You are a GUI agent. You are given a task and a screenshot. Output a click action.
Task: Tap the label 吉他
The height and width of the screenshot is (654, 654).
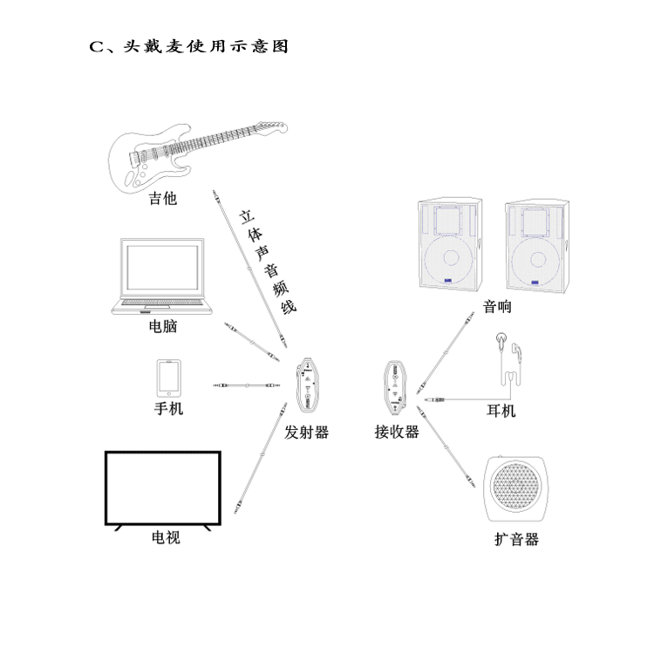pos(162,199)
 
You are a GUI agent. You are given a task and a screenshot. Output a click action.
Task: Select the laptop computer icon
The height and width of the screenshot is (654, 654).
pos(162,276)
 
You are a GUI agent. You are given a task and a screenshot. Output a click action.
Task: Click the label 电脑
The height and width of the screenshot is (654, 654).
pos(164,327)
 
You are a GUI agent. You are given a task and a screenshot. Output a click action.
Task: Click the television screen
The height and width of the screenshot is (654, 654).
pos(163,488)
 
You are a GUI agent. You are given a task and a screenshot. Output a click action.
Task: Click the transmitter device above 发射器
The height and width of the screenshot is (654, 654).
pos(308,385)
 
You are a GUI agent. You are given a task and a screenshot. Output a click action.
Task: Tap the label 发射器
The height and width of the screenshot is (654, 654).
pos(307,432)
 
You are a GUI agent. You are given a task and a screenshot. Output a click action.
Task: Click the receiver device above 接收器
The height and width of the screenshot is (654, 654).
pos(396,385)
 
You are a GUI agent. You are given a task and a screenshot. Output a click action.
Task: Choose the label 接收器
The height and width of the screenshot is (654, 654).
pos(397,432)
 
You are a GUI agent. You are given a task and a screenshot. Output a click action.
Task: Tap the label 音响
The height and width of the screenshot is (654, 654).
pos(497,307)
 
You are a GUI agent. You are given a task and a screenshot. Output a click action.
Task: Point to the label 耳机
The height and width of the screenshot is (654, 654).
pos(501,411)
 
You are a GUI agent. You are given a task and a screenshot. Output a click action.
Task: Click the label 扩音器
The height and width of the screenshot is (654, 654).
pos(517,540)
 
